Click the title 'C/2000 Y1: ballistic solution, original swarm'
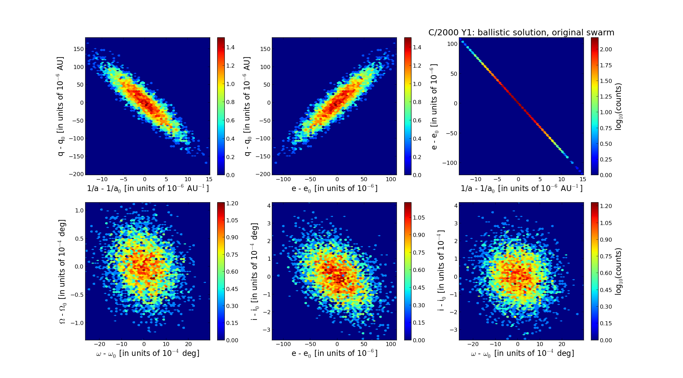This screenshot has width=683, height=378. click(x=521, y=33)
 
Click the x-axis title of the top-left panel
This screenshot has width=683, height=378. click(x=148, y=188)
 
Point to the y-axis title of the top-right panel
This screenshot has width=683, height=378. click(x=434, y=106)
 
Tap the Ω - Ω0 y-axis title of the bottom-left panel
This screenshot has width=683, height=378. click(x=62, y=271)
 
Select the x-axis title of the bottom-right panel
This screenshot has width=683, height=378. click(x=522, y=354)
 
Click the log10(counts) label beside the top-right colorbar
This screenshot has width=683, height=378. click(x=619, y=106)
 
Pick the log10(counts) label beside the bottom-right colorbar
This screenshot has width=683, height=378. click(x=619, y=271)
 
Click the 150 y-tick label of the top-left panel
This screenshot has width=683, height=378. click(x=78, y=49)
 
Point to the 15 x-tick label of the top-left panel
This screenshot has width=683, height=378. click(x=209, y=179)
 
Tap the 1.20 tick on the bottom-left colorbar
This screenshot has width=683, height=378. click(x=232, y=203)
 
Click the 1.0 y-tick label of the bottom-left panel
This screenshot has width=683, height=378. click(x=79, y=210)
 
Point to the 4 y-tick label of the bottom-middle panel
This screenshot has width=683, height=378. click(x=269, y=206)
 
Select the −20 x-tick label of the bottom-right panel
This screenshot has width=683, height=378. click(x=473, y=344)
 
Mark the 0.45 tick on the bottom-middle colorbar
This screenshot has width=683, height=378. click(x=419, y=288)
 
